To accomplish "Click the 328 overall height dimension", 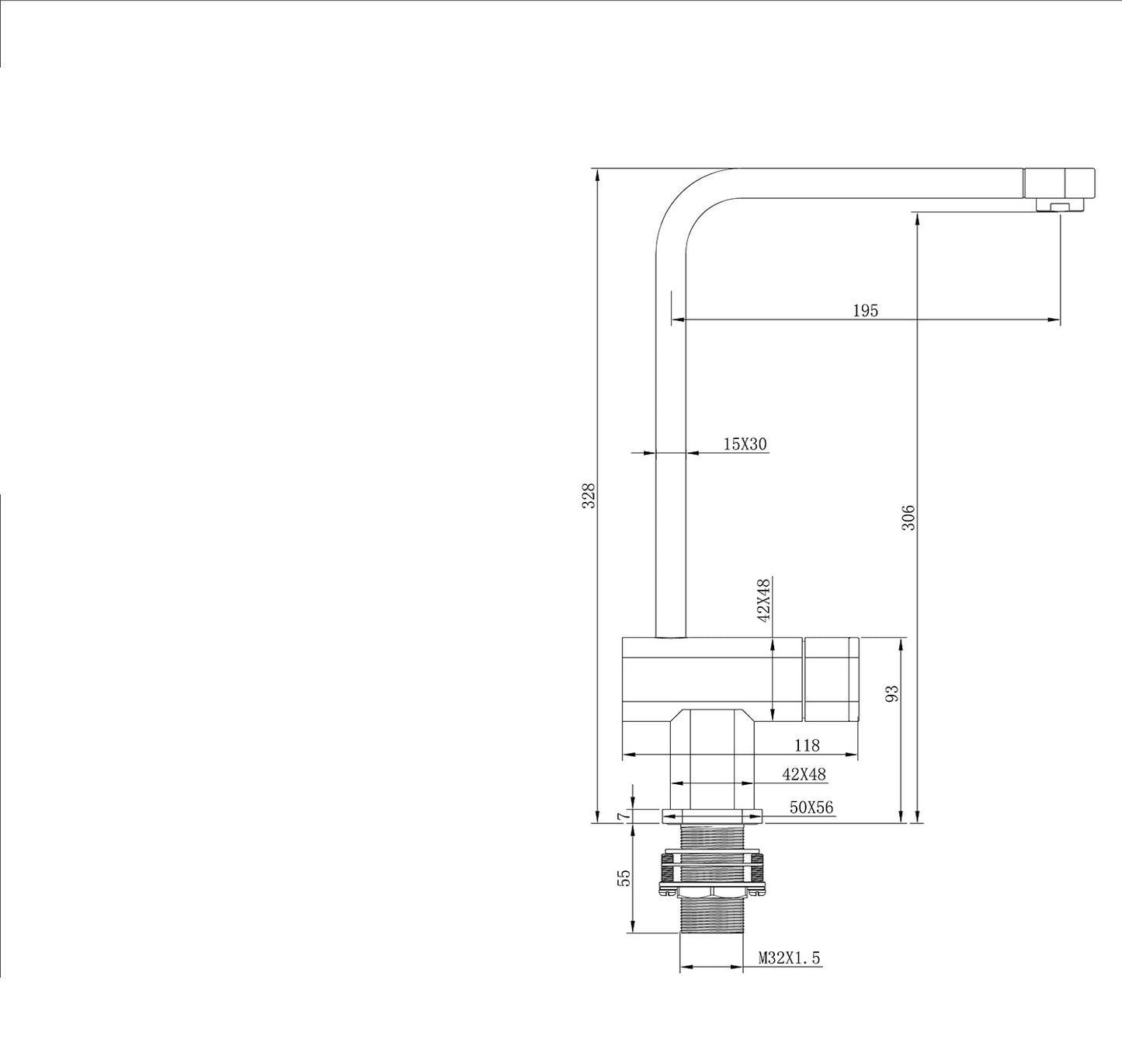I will coord(589,496).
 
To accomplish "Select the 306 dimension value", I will coord(909,518).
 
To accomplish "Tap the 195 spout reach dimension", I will coord(865,311).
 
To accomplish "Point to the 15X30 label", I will coord(745,444).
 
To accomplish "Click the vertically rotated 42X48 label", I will coord(764,601).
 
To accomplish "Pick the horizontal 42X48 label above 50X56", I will coord(804,774).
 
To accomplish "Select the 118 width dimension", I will coord(807,745).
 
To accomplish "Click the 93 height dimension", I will coord(892,693).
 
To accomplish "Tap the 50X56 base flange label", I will coord(811,807).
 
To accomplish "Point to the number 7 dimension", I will coord(621,815).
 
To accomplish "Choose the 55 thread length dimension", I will coord(623,877).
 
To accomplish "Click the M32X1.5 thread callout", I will coord(789,958).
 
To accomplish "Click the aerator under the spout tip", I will coord(1059,206).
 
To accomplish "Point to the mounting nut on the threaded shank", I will coord(711,874).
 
